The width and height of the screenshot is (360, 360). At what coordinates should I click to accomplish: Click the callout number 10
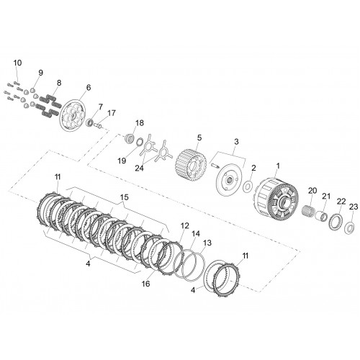click(17, 63)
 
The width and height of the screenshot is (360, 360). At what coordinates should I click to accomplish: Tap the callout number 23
click(354, 207)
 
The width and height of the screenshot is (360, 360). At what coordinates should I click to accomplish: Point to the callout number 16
click(145, 284)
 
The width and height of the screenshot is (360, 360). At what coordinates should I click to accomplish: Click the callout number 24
click(139, 168)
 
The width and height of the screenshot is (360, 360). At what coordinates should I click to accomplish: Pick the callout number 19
click(122, 161)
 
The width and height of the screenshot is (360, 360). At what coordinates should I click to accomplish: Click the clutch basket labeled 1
click(276, 199)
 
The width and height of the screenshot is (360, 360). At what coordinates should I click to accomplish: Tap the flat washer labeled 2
click(248, 186)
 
